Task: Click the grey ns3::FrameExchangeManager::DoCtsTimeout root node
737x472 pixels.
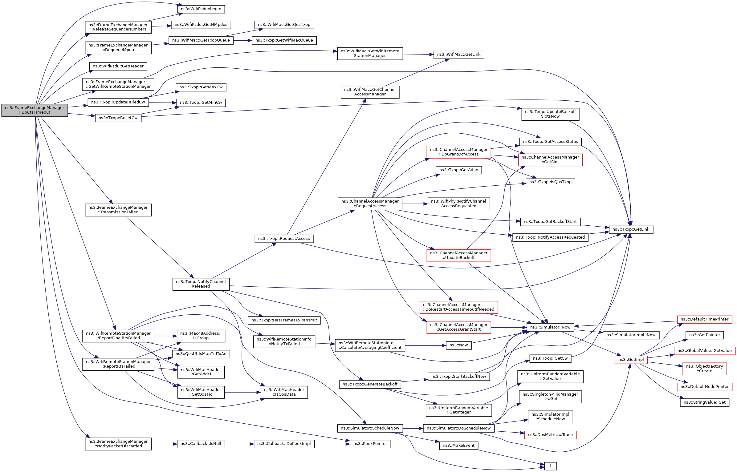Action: [x=35, y=110]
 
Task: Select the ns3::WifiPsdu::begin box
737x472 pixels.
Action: [x=201, y=9]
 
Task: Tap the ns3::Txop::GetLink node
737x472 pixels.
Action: [x=631, y=229]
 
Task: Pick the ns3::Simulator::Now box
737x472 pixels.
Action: [x=550, y=327]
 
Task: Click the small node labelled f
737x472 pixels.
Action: [x=550, y=466]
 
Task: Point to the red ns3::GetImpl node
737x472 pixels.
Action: [x=631, y=360]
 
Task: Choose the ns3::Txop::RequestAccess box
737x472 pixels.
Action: [x=284, y=239]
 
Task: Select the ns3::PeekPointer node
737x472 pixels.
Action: [x=370, y=444]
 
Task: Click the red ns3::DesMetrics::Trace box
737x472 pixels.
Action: [x=550, y=435]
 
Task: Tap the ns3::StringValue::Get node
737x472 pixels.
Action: [x=704, y=402]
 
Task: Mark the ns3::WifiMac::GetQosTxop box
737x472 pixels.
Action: [x=284, y=25]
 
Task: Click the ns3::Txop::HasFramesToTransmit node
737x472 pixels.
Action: [x=284, y=320]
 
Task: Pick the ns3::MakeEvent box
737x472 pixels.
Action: [x=458, y=446]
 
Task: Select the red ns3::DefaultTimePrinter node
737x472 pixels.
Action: [x=704, y=319]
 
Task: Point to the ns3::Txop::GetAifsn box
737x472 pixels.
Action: [x=458, y=170]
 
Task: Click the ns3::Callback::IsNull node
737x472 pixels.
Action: [x=201, y=444]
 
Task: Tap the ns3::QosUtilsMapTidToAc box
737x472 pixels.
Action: [x=201, y=354]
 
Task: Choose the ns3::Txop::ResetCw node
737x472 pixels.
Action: [x=118, y=118]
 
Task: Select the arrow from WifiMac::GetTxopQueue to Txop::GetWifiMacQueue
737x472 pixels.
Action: [x=243, y=40]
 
